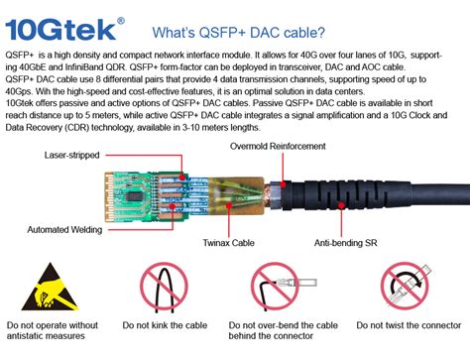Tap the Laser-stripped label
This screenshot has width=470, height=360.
click(72, 156)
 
